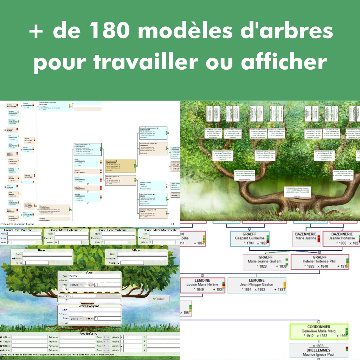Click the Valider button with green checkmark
tap(159, 298)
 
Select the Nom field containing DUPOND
tap(94, 276)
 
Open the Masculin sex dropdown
tap(76, 285)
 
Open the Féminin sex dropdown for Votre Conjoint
tap(76, 319)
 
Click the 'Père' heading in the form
tap(41, 251)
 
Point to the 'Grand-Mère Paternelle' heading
tap(66, 230)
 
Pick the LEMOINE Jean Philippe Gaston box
tap(256, 285)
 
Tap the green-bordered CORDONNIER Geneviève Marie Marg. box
tap(319, 331)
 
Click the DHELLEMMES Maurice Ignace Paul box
tap(319, 352)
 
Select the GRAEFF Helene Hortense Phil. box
tap(320, 262)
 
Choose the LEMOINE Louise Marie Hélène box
tap(202, 285)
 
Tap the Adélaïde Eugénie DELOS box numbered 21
tap(120, 180)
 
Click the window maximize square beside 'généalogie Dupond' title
tap(172, 224)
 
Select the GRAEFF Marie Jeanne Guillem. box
tap(265, 262)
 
